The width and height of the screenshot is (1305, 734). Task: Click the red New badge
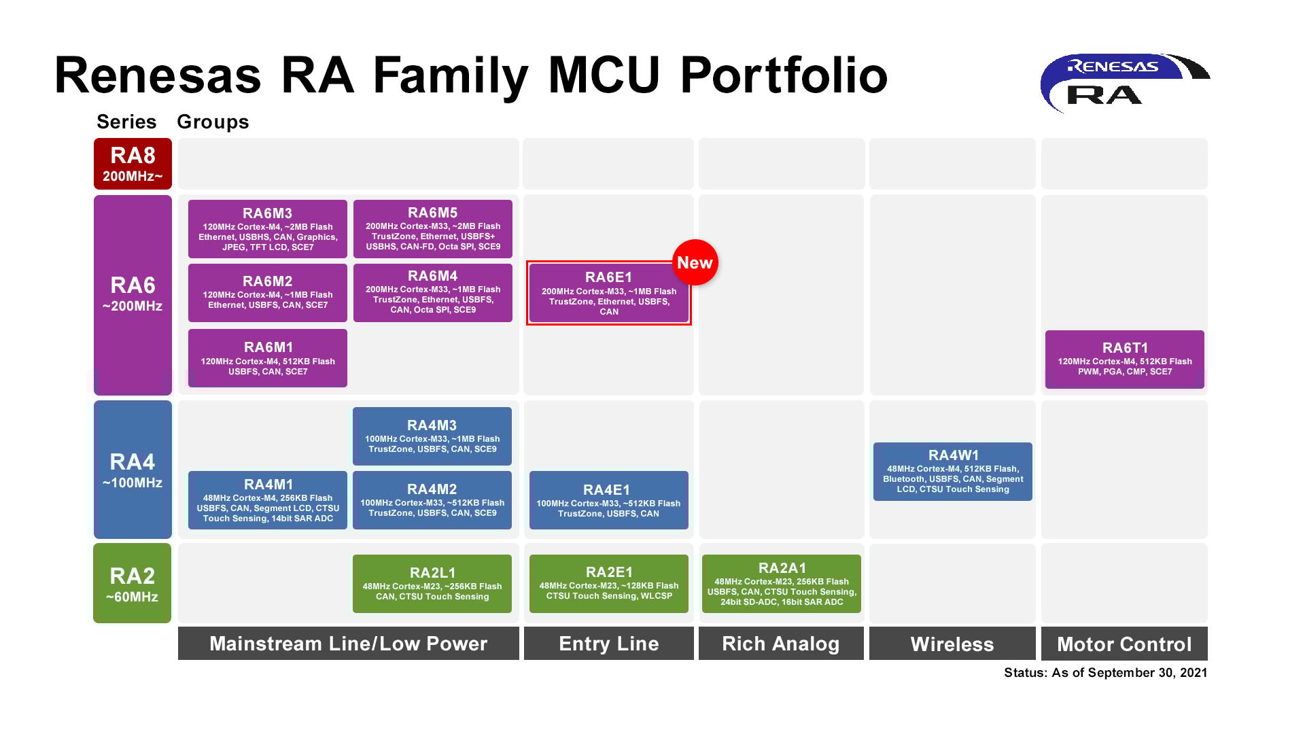pos(695,262)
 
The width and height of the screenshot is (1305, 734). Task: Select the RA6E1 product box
pos(609,293)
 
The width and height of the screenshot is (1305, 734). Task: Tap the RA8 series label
pos(133,164)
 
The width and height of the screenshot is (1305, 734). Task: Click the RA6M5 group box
pos(433,229)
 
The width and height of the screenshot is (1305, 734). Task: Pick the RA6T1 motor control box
pos(1125,360)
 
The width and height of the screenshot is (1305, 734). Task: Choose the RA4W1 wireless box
pos(953,472)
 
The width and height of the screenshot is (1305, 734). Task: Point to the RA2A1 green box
pos(782,584)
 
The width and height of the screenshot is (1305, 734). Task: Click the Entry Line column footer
pos(609,644)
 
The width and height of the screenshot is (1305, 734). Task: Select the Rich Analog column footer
pos(781,644)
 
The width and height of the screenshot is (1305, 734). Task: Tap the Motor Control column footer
pos(1124,644)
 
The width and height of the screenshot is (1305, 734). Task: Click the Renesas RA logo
pos(1125,82)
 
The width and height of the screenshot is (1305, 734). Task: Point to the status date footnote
pos(1106,673)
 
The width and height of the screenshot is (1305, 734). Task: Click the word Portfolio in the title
pos(784,76)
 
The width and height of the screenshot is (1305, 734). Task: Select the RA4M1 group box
pos(268,500)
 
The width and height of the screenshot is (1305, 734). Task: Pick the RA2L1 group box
pos(432,584)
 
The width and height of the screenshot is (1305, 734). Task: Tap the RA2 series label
pos(133,583)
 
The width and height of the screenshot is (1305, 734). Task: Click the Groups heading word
pos(213,122)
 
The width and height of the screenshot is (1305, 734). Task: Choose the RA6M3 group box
pos(268,229)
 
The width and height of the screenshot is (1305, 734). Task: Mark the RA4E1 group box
pos(609,500)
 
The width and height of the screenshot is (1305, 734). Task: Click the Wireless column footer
pos(952,644)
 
